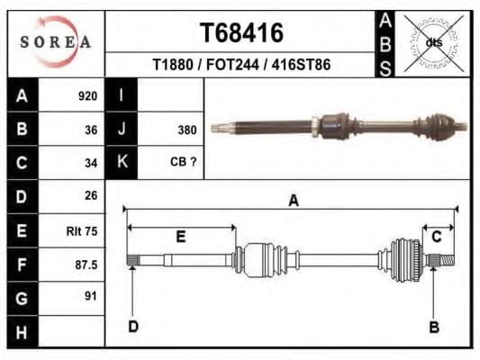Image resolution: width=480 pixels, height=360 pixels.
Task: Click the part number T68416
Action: pyautogui.click(x=240, y=33)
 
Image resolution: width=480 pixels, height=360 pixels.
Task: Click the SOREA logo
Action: pyautogui.click(x=56, y=41)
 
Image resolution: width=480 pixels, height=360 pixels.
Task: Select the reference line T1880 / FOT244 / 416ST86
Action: pyautogui.click(x=240, y=65)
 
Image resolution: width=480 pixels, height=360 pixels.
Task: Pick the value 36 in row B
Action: pyautogui.click(x=90, y=130)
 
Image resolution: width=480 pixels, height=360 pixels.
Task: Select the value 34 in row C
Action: pyautogui.click(x=90, y=163)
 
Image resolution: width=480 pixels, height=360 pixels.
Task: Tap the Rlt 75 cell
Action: pyautogui.click(x=82, y=231)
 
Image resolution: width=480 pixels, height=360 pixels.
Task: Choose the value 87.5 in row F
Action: pyautogui.click(x=86, y=265)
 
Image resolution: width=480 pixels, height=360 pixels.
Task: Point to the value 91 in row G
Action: pyautogui.click(x=90, y=296)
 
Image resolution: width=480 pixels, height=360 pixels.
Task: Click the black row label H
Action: pyautogui.click(x=22, y=331)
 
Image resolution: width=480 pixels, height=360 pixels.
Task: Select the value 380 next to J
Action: pyautogui.click(x=186, y=130)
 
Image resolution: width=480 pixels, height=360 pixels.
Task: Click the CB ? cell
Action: pyautogui.click(x=184, y=163)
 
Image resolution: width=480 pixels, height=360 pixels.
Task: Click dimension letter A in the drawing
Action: pyautogui.click(x=293, y=201)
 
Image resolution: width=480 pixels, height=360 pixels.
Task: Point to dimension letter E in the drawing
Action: pyautogui.click(x=181, y=237)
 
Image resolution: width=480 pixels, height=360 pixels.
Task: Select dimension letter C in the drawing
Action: pyautogui.click(x=437, y=237)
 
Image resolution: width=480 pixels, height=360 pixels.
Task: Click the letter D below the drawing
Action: pyautogui.click(x=132, y=327)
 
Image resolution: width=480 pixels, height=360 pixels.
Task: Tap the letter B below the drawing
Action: pyautogui.click(x=433, y=327)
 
